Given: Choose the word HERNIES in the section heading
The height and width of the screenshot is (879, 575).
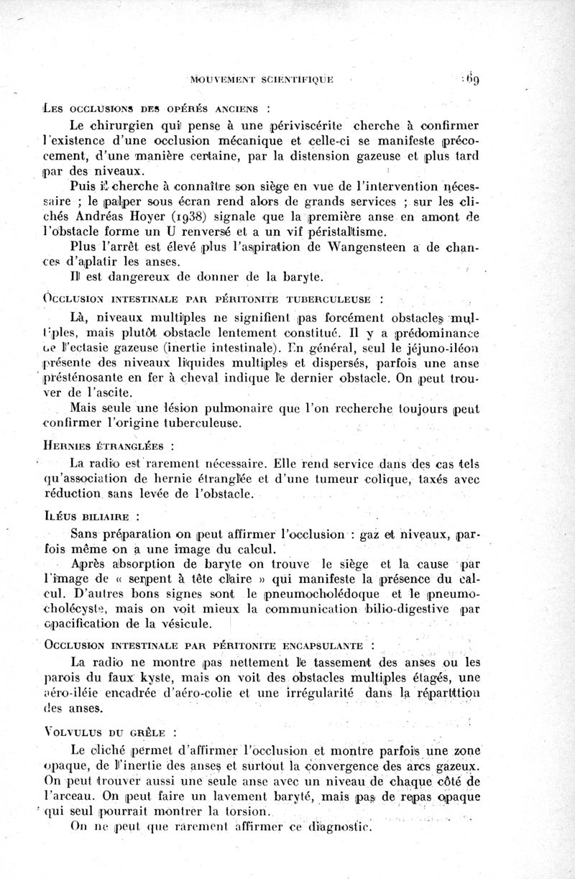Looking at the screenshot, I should [73, 446].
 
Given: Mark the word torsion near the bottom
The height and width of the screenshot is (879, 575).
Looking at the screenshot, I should [243, 812].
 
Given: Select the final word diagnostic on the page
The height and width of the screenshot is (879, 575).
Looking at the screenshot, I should [333, 827].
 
